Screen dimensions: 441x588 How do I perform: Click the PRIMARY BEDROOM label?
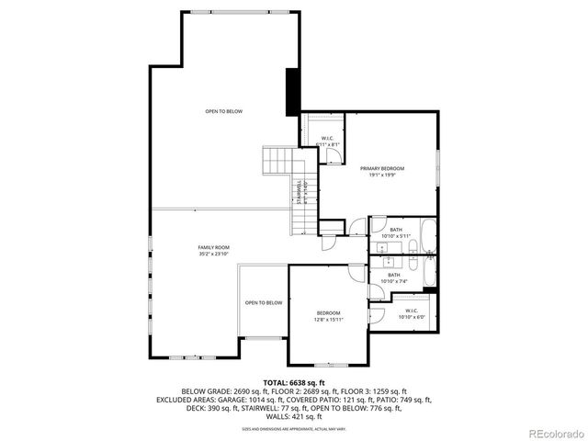point(382,168)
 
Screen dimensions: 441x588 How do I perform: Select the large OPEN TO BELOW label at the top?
point(223,111)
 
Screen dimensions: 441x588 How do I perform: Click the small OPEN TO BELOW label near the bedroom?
point(263,302)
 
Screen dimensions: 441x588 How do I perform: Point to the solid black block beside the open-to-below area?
point(293,92)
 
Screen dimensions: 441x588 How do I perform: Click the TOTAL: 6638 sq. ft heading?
point(294,381)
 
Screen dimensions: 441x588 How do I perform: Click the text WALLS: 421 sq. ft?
point(294,416)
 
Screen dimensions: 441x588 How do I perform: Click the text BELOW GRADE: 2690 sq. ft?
point(221,390)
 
